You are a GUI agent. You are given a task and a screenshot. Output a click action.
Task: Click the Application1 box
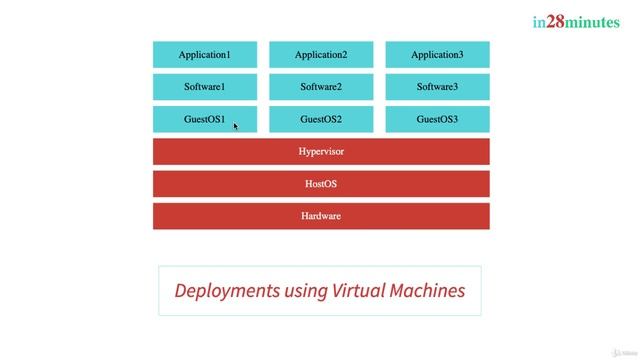point(204,55)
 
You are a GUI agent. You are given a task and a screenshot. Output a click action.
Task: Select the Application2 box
point(321,55)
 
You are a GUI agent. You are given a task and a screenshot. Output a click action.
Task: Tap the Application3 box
point(437,55)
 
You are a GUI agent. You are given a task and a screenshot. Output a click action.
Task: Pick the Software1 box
point(204,87)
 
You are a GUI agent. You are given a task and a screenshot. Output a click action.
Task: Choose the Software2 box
point(321,87)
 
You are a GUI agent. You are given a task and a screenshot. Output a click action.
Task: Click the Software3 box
point(437,87)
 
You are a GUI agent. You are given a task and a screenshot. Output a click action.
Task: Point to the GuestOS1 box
point(204,119)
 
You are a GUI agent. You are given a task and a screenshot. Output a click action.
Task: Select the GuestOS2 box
point(321,119)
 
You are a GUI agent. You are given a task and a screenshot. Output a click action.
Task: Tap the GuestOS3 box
point(437,119)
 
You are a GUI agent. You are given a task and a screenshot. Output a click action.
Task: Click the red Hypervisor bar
point(321,152)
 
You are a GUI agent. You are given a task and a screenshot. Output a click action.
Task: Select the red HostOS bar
point(321,184)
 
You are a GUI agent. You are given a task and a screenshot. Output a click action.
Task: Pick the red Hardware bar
point(321,216)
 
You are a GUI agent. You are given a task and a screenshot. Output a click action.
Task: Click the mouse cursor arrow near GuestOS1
point(236,126)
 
